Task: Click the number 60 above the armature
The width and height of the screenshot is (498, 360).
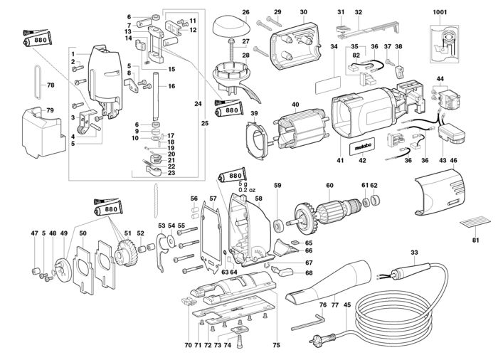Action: click(x=329, y=186)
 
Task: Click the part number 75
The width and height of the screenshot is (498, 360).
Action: click(x=277, y=346)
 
